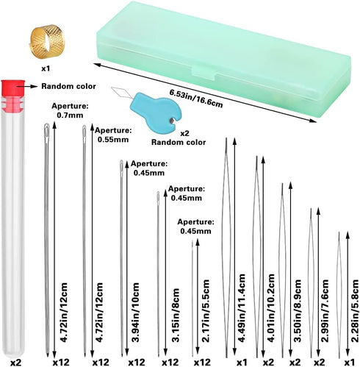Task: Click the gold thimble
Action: pos(47,41)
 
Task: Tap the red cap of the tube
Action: pos(12,88)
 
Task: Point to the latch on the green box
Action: pos(204,74)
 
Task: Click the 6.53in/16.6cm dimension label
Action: pos(196,99)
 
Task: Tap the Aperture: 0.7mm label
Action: pos(70,110)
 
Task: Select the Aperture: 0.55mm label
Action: pos(113,135)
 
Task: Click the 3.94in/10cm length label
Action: pos(135,313)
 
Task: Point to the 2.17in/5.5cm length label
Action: pos(205,310)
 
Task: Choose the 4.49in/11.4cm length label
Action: pos(241,308)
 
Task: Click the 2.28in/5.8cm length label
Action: pos(354,310)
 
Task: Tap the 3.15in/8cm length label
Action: pos(176,315)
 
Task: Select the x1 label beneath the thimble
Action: pos(46,68)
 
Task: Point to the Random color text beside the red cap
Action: pos(68,86)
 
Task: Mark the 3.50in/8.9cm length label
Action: pos(297,310)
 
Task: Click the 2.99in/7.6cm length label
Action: pos(325,310)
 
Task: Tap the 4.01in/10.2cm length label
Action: pos(270,308)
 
